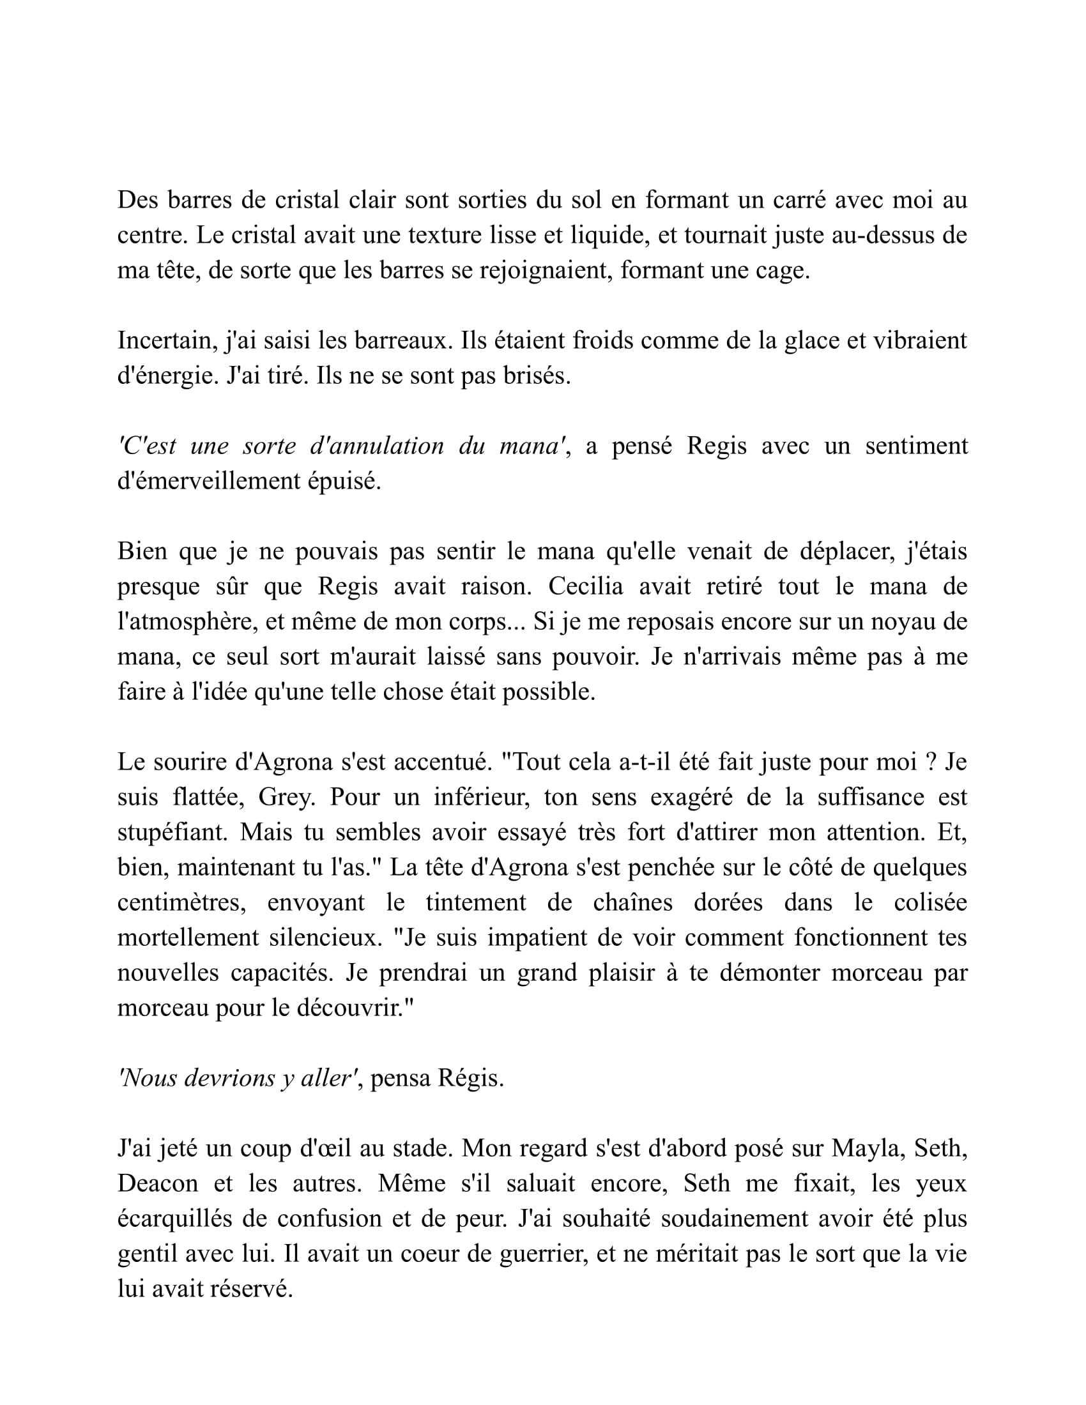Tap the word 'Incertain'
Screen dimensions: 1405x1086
[166, 341]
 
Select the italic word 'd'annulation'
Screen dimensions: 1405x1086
[376, 446]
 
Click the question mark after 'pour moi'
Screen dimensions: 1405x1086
[929, 763]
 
